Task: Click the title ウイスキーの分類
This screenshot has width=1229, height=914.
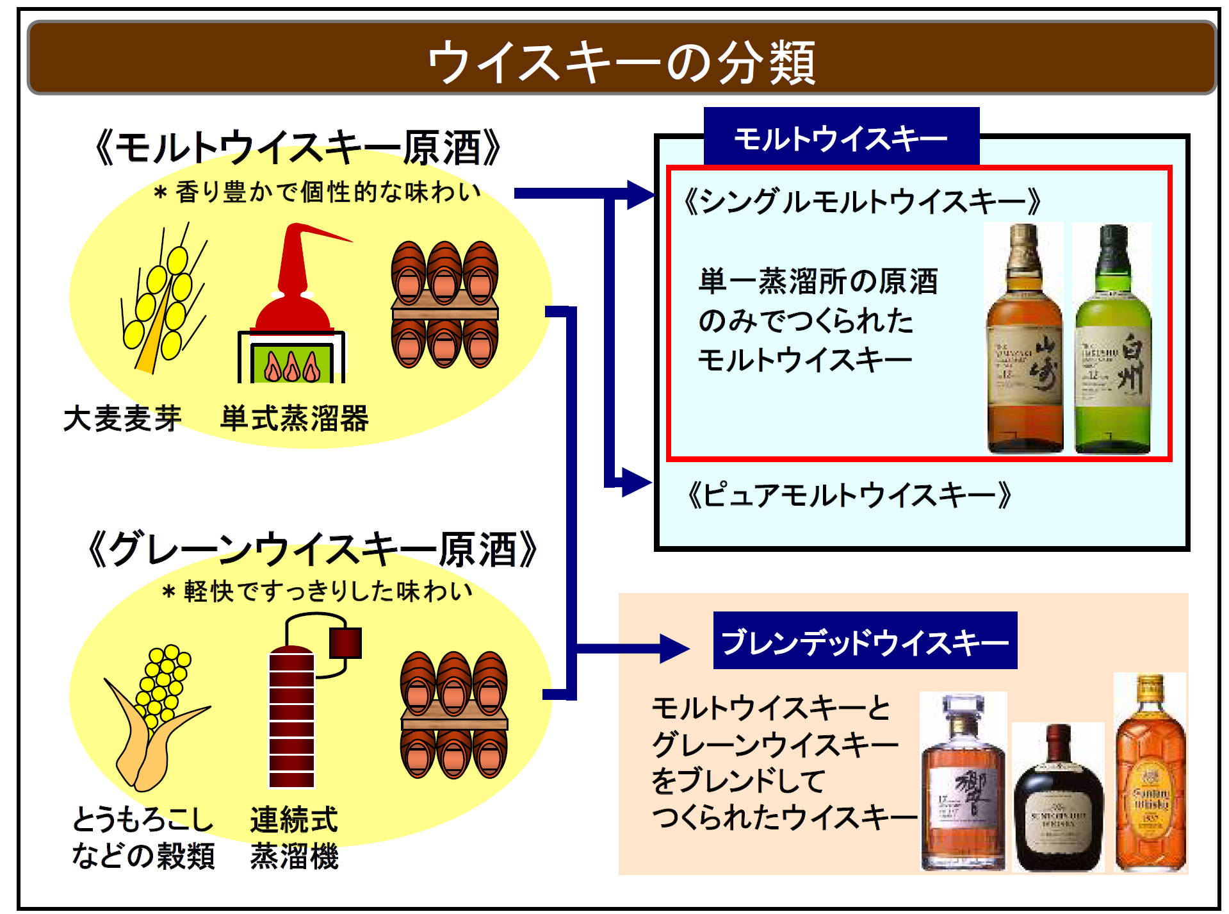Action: click(x=621, y=62)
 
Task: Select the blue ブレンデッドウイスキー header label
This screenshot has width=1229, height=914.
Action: click(x=865, y=642)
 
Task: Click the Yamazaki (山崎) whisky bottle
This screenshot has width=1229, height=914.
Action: click(x=1024, y=340)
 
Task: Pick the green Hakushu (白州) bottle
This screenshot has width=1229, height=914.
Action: click(x=1112, y=340)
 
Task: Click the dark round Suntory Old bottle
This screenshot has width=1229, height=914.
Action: click(x=1058, y=801)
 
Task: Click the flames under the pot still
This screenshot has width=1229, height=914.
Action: click(x=292, y=366)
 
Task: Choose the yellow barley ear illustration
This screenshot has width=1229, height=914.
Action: click(x=161, y=301)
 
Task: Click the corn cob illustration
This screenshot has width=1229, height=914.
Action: click(x=157, y=711)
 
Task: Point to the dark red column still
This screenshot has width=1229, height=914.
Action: click(x=292, y=718)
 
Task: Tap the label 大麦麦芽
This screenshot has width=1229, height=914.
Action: click(x=122, y=419)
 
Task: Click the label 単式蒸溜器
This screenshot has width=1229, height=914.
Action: click(x=295, y=419)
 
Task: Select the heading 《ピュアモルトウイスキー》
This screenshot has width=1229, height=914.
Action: click(x=849, y=495)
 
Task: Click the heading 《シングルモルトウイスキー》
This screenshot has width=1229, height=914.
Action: click(x=861, y=201)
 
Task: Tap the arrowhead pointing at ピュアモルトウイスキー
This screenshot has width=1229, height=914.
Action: click(x=637, y=482)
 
